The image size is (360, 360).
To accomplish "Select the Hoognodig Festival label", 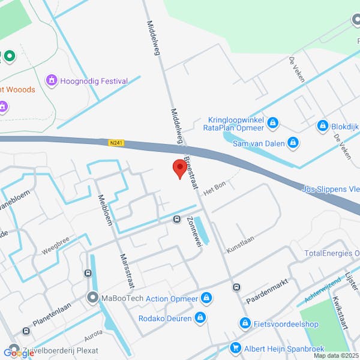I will click(x=94, y=81).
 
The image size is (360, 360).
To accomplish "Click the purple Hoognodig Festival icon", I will click(x=52, y=80).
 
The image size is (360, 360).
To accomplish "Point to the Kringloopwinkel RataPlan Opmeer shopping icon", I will click(x=273, y=123).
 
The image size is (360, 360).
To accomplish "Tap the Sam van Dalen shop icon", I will click(x=293, y=142).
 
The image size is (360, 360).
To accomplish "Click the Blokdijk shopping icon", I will click(x=323, y=126).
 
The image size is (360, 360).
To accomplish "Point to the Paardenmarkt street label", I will click(x=268, y=290).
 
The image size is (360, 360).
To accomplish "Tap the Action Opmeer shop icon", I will click(x=206, y=298).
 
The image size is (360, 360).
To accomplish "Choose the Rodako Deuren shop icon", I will click(x=200, y=317).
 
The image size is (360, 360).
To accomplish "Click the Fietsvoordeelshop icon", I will click(x=245, y=324).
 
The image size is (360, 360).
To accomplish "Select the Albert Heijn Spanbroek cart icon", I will click(x=235, y=347).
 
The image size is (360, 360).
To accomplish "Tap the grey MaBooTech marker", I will click(x=92, y=297).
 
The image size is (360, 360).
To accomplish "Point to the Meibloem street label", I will click(x=103, y=211).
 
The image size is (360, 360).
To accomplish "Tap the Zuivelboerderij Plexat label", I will click(x=59, y=350).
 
